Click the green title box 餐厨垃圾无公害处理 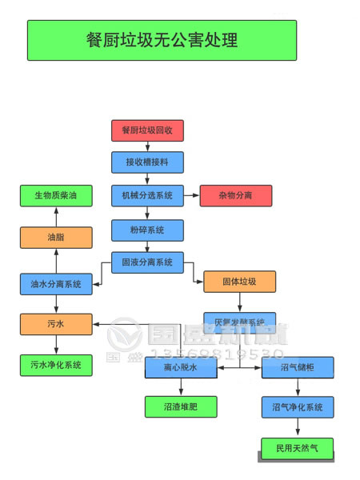point(162,40)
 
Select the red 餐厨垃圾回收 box point(147,130)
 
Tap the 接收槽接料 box point(147,162)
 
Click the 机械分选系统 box point(147,195)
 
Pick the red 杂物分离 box point(235,195)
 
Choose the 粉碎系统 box point(147,230)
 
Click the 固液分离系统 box point(147,262)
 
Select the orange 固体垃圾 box point(239,282)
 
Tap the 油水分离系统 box point(56,283)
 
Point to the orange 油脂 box point(56,237)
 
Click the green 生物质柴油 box point(56,195)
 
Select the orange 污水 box point(56,324)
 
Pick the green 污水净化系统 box point(56,366)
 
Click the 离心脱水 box point(181,369)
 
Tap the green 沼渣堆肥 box point(181,406)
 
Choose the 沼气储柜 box point(298,369)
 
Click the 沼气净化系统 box point(298,406)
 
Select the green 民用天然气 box point(298,448)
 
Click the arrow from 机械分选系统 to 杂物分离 point(191,195)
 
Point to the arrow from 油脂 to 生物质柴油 point(56,216)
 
